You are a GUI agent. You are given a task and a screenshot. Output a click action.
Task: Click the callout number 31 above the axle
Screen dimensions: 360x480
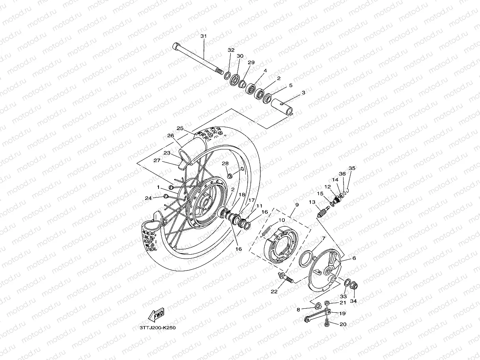click(x=203, y=36)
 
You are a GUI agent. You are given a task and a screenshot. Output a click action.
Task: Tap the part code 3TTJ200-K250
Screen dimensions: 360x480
click(x=157, y=327)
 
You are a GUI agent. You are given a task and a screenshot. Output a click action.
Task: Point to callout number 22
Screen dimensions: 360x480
click(x=275, y=292)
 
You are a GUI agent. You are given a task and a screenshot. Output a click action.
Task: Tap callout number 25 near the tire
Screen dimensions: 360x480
click(x=180, y=129)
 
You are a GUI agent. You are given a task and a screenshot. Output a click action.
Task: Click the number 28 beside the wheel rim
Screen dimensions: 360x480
click(x=225, y=163)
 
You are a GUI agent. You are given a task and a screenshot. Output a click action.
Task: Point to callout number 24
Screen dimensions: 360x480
click(x=148, y=198)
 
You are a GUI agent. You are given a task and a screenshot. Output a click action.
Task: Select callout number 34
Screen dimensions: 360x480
click(x=353, y=301)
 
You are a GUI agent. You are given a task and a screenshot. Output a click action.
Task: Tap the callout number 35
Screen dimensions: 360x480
click(x=352, y=168)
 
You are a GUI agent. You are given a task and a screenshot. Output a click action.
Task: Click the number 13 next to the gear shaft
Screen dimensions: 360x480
click(x=312, y=202)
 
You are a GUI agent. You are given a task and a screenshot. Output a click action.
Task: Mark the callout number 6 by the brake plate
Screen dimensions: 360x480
click(x=354, y=258)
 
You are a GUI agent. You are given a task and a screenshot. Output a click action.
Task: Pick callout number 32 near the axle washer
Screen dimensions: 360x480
click(x=231, y=50)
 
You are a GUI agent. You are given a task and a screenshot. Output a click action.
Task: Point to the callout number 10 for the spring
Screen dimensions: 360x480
click(x=282, y=220)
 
